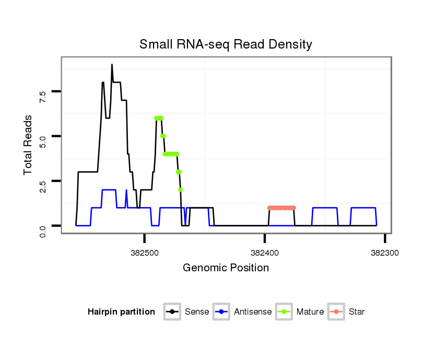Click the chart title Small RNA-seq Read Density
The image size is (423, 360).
pyautogui.click(x=226, y=44)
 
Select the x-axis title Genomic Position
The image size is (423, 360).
pyautogui.click(x=226, y=268)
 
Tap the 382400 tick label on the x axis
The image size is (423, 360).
pyautogui.click(x=265, y=253)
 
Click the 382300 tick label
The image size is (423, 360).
pyautogui.click(x=385, y=253)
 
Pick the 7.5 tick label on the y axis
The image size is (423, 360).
pyautogui.click(x=43, y=92)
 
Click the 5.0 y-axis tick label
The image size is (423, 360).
pyautogui.click(x=43, y=137)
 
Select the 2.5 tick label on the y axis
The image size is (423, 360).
pyautogui.click(x=43, y=181)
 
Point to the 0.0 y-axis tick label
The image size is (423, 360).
pyautogui.click(x=43, y=226)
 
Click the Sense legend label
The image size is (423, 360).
pyautogui.click(x=197, y=312)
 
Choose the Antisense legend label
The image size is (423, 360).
pyautogui.click(x=253, y=312)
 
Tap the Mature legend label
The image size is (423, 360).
pyautogui.click(x=310, y=312)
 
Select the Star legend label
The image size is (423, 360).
pyautogui.click(x=356, y=312)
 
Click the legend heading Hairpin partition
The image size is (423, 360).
pyautogui.click(x=121, y=312)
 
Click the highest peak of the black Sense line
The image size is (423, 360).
pyautogui.click(x=112, y=65)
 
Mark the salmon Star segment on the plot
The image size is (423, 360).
pyautogui.click(x=281, y=208)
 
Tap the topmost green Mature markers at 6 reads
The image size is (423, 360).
pyautogui.click(x=159, y=118)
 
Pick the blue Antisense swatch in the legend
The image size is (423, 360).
pyautogui.click(x=222, y=312)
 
